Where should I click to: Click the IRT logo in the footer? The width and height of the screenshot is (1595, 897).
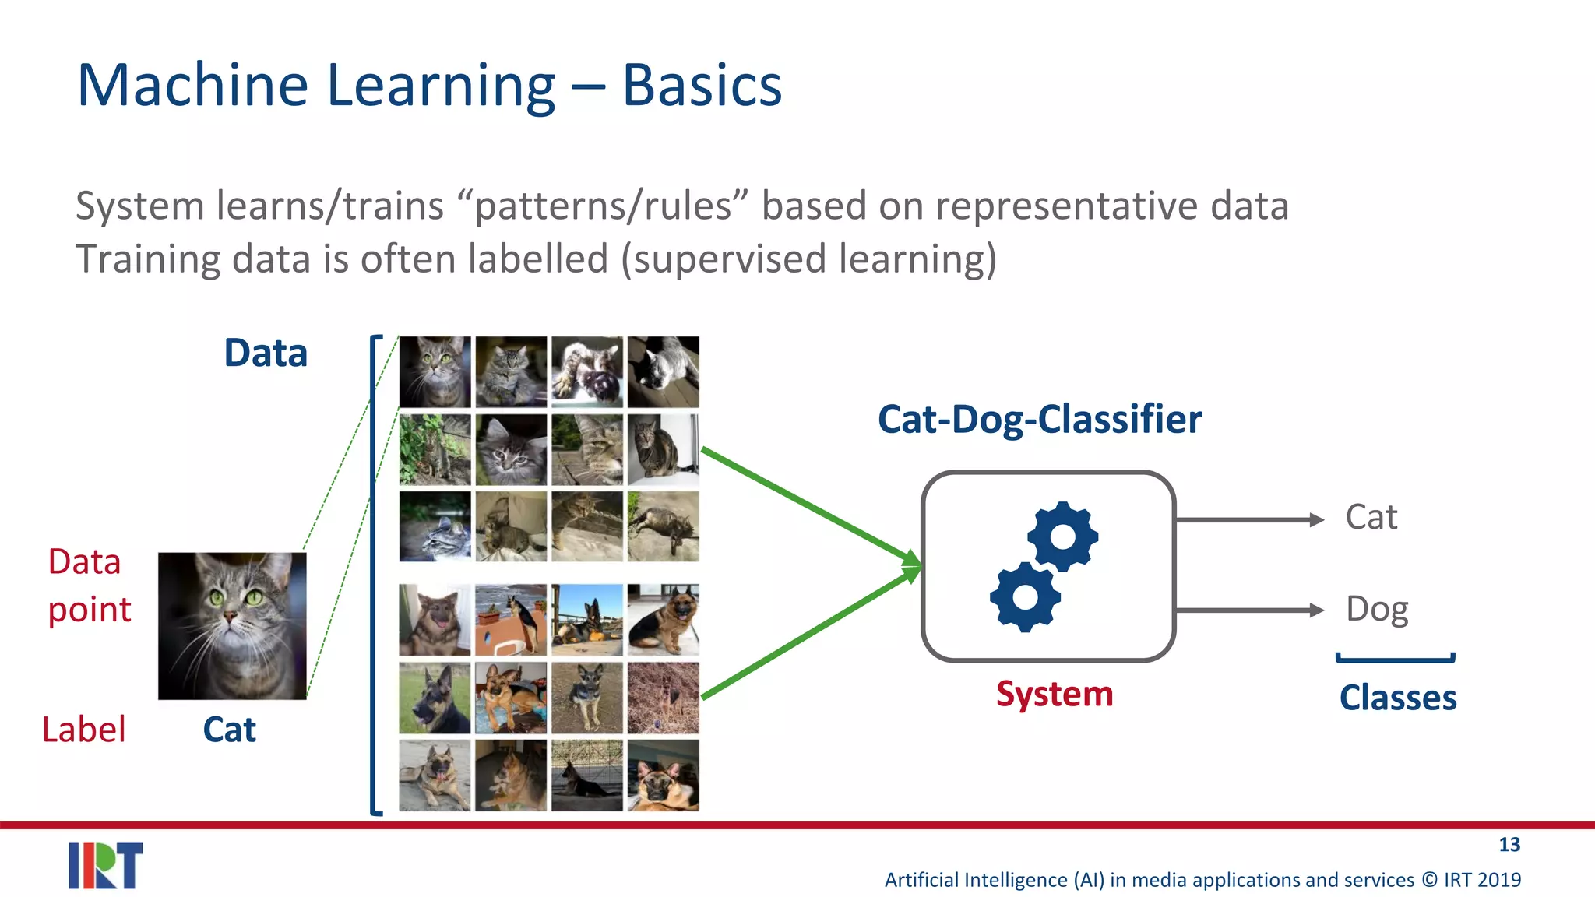pyautogui.click(x=105, y=865)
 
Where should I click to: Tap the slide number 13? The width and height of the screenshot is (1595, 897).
pyautogui.click(x=1509, y=845)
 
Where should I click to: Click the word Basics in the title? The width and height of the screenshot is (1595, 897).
pyautogui.click(x=702, y=86)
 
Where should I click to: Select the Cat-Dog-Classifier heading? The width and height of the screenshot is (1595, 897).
pyautogui.click(x=1040, y=420)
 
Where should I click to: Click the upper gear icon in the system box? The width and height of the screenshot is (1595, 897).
pyautogui.click(x=1062, y=536)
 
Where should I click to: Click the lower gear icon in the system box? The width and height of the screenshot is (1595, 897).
pyautogui.click(x=1025, y=597)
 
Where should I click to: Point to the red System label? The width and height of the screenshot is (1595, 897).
pyautogui.click(x=1055, y=694)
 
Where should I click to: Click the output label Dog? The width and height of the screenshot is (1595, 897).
pyautogui.click(x=1377, y=610)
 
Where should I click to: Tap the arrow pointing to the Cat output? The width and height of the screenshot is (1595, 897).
pyautogui.click(x=1249, y=519)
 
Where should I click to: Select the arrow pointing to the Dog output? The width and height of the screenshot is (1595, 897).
pyautogui.click(x=1249, y=610)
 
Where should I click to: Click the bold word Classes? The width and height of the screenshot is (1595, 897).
pyautogui.click(x=1397, y=698)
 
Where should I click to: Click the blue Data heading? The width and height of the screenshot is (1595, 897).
pyautogui.click(x=266, y=353)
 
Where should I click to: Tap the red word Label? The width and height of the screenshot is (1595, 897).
pyautogui.click(x=83, y=730)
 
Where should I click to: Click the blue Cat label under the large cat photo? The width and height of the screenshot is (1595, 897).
pyautogui.click(x=229, y=730)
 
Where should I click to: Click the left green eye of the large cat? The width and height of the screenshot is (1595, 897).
pyautogui.click(x=216, y=598)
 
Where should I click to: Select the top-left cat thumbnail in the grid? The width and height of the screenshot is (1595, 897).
pyautogui.click(x=435, y=371)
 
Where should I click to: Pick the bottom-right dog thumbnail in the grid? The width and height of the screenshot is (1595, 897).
pyautogui.click(x=663, y=776)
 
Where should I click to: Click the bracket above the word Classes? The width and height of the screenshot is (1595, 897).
pyautogui.click(x=1396, y=660)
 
